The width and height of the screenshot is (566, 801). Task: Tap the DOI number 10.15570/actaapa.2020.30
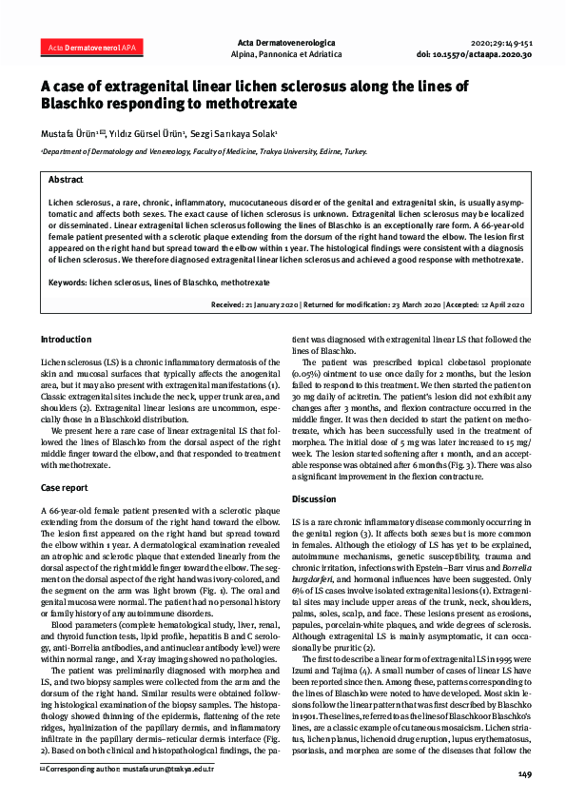tap(496, 55)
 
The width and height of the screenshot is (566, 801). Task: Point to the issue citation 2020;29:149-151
tap(501, 44)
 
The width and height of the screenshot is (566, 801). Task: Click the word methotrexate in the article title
tap(244, 103)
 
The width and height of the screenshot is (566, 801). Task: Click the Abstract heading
tap(66, 179)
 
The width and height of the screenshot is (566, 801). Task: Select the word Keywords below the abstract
tap(68, 283)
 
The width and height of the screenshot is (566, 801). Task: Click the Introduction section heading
tap(67, 340)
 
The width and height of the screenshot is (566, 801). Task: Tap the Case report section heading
tap(65, 487)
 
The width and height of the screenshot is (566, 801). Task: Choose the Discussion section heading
tap(314, 498)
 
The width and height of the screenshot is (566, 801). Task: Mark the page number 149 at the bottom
tap(524, 775)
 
